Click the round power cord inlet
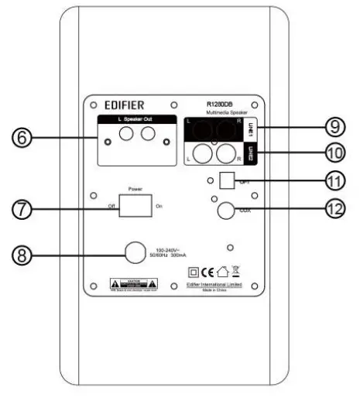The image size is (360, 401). pos(135,252)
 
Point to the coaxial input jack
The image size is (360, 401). pos(226,210)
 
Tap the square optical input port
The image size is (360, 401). pos(227,180)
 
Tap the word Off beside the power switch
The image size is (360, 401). pos(113,207)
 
